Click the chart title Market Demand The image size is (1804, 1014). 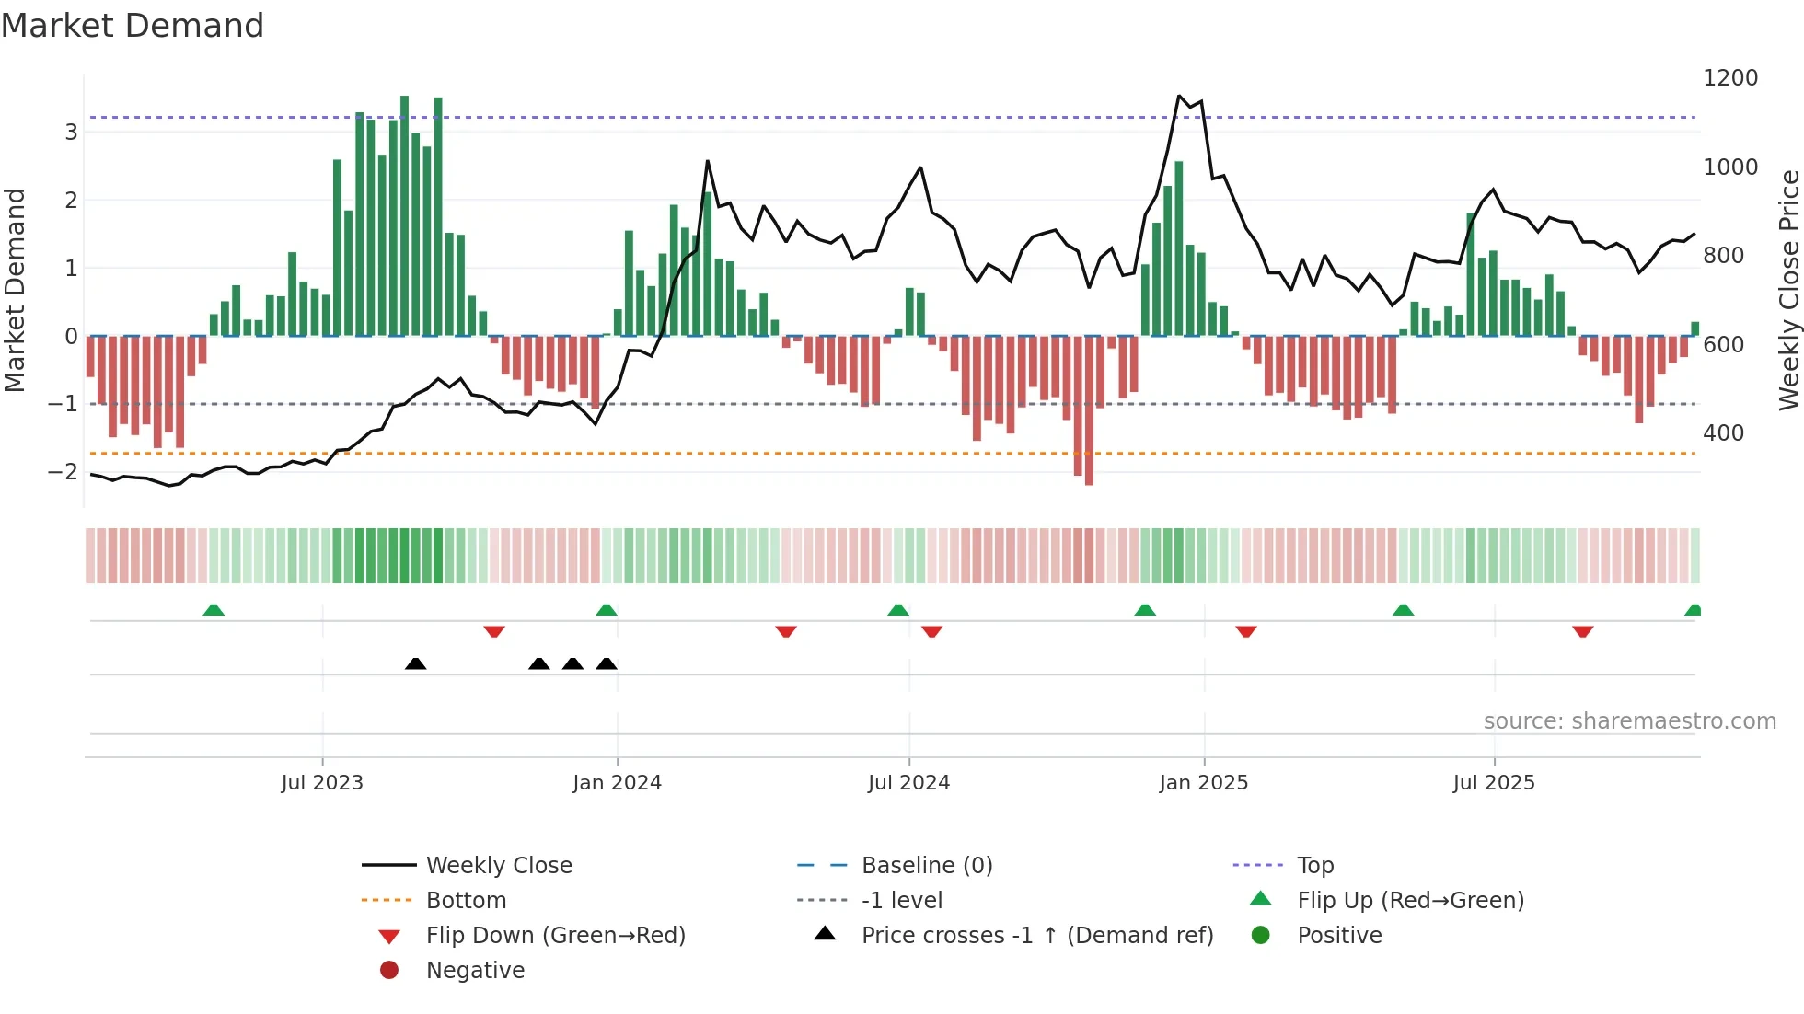pyautogui.click(x=133, y=26)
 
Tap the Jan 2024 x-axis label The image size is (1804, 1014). pyautogui.click(x=617, y=783)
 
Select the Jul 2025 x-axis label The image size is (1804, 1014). pyautogui.click(x=1494, y=783)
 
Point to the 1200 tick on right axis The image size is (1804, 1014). pyautogui.click(x=1730, y=78)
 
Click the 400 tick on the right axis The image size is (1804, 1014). pyautogui.click(x=1723, y=433)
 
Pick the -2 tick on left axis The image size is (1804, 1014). pyautogui.click(x=64, y=472)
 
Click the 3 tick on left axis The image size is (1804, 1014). pyautogui.click(x=71, y=133)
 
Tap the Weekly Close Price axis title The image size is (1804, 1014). pyautogui.click(x=1788, y=290)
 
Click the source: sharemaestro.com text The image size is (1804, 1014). pyautogui.click(x=1629, y=721)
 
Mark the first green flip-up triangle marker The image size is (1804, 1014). pyautogui.click(x=214, y=610)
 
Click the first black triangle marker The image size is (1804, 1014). pyautogui.click(x=415, y=663)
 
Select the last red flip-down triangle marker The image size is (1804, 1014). pyautogui.click(x=1582, y=631)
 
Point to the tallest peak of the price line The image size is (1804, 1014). pyautogui.click(x=1179, y=96)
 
